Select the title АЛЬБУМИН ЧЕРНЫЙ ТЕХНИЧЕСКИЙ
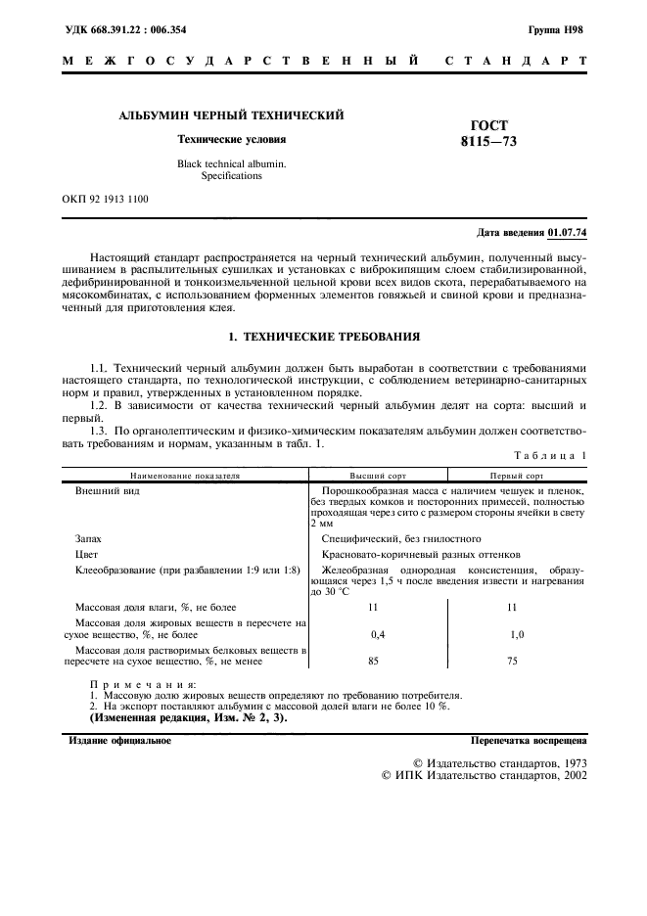click(x=231, y=116)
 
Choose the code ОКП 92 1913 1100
click(x=106, y=199)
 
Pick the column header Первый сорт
click(x=517, y=474)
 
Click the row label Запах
click(x=88, y=538)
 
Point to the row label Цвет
click(x=86, y=553)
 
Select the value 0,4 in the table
click(x=377, y=634)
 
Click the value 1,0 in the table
click(x=517, y=634)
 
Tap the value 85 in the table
click(x=373, y=662)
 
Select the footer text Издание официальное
click(x=119, y=741)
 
